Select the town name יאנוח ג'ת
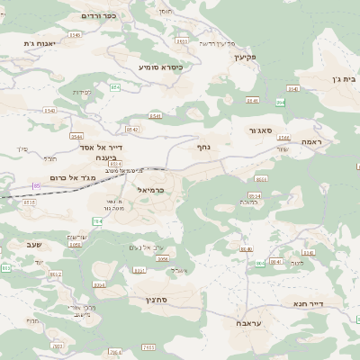[41, 42]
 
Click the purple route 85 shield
[36, 185]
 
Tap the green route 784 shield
[96, 220]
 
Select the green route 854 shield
[114, 86]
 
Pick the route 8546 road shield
[73, 35]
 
